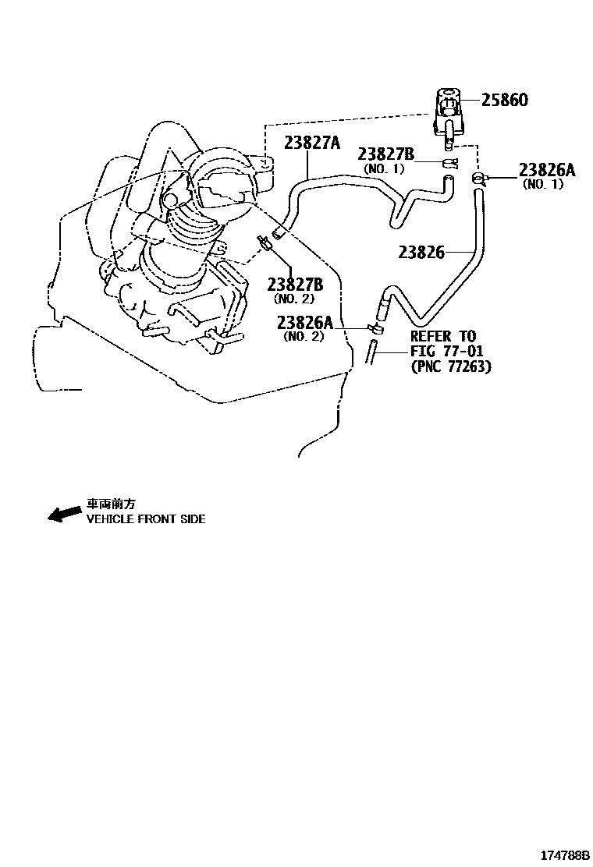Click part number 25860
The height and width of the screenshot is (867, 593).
505,101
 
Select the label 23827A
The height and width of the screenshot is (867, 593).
312,143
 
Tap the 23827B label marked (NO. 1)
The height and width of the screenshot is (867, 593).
385,154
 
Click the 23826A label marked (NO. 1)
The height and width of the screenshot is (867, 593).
546,171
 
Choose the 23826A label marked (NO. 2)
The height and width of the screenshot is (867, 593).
304,323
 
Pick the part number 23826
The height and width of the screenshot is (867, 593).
421,252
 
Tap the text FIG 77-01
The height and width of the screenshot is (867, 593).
447,352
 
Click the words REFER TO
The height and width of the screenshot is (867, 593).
442,337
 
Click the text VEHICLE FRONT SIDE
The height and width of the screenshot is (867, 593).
146,519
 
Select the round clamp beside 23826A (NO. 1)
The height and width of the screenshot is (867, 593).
478,179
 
